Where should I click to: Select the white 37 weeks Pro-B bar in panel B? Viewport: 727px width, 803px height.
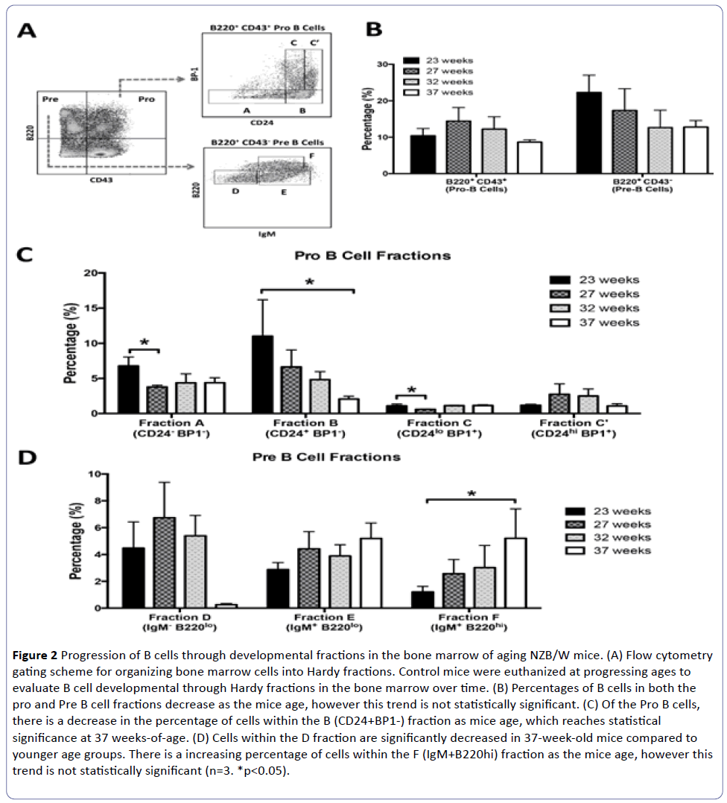click(530, 157)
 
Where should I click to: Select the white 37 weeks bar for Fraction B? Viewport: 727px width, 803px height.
click(347, 405)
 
